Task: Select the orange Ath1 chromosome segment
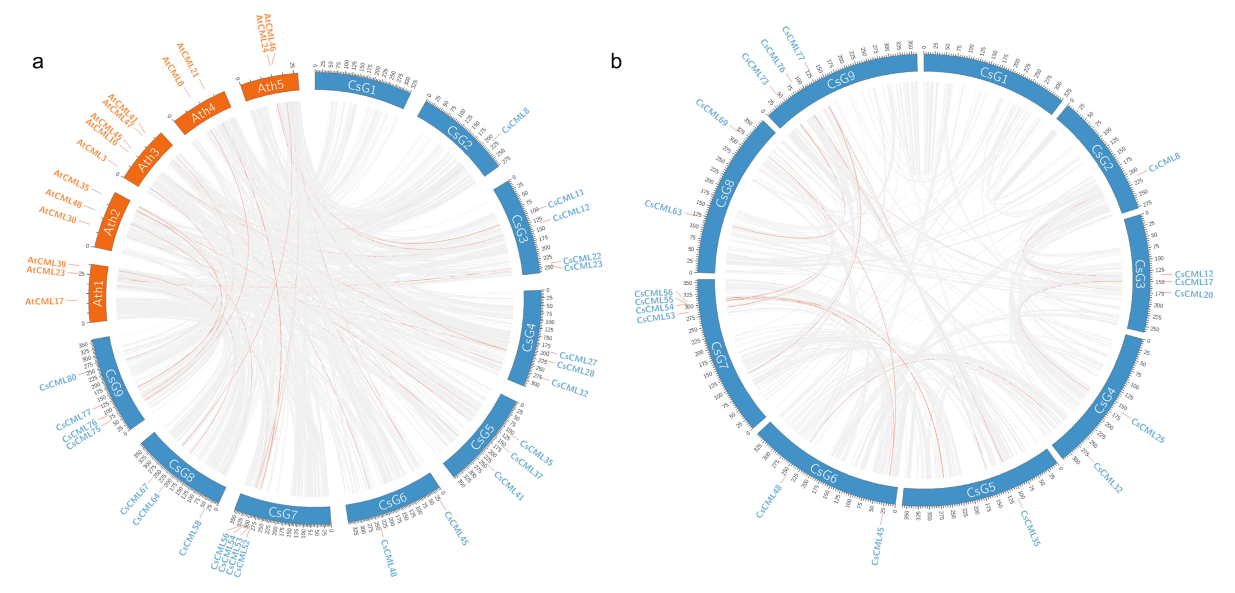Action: point(98,293)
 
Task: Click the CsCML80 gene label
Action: point(58,382)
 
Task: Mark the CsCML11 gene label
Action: point(566,198)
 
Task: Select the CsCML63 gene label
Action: point(663,207)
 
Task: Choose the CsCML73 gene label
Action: point(755,68)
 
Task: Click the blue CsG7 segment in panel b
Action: point(719,355)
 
